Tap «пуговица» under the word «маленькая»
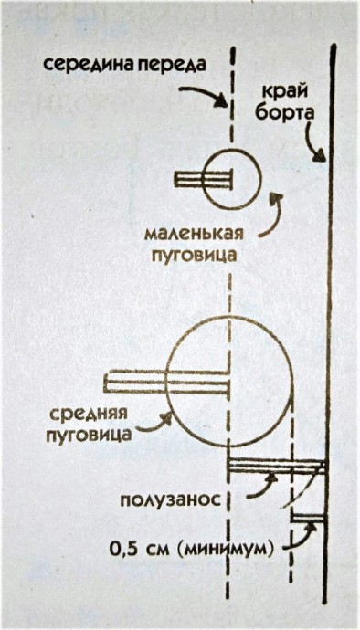coord(192,256)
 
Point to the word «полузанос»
coord(172,500)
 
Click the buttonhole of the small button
coord(203,179)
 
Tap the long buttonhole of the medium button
coord(166,383)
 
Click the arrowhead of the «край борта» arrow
coord(320,155)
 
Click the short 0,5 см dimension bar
coord(309,519)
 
